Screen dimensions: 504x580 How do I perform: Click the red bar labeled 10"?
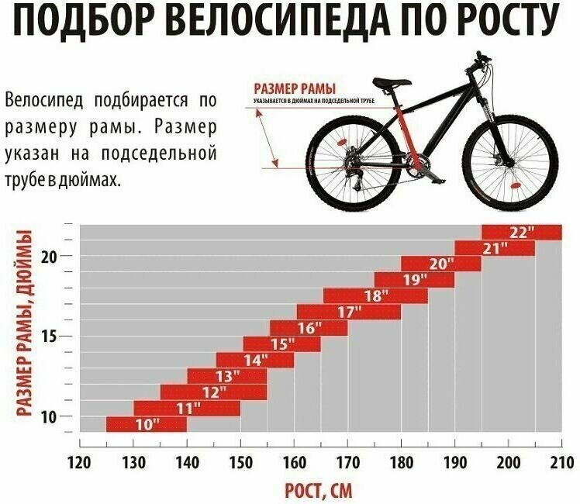[146, 424]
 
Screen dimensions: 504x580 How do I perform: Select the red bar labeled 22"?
[521, 232]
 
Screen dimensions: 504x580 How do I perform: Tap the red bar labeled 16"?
[308, 328]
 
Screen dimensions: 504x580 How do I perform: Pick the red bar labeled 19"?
[414, 280]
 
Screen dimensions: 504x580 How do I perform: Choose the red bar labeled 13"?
[226, 376]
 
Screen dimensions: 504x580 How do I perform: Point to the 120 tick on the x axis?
[80, 463]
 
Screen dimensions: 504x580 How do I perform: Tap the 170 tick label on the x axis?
[347, 463]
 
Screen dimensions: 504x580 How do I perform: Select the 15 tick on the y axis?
[49, 337]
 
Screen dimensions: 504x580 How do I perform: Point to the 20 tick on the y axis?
[49, 257]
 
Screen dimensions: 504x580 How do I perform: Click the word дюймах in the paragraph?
[92, 180]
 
